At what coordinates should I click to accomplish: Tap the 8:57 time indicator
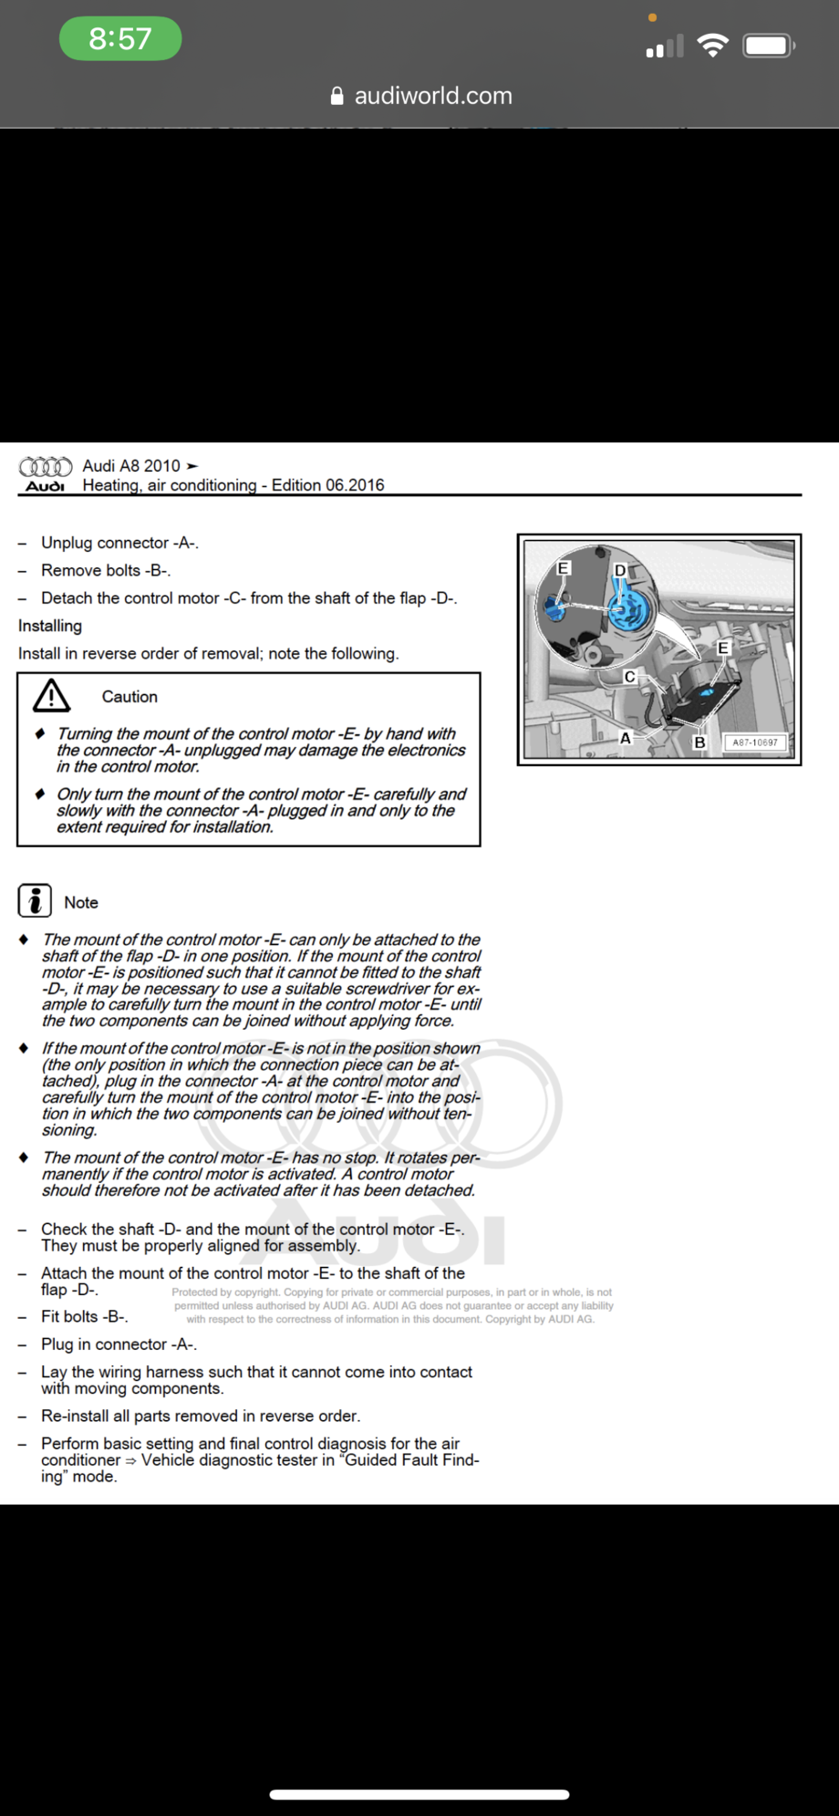tap(120, 39)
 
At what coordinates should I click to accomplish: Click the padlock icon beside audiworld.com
tap(337, 96)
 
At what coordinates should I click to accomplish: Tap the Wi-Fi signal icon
tap(712, 45)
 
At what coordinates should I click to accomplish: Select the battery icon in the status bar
tap(768, 46)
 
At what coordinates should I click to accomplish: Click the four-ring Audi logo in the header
tap(46, 467)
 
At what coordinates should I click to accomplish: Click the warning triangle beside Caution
tap(52, 696)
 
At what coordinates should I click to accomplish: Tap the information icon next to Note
tap(35, 901)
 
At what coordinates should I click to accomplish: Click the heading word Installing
tap(50, 626)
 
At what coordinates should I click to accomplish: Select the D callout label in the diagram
tap(620, 571)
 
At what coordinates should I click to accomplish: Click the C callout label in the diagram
tap(629, 677)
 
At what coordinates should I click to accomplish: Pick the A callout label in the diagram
tap(626, 738)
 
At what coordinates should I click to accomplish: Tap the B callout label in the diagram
tap(699, 742)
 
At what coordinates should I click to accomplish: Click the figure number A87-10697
tap(755, 742)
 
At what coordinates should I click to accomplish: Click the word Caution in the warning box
tap(129, 697)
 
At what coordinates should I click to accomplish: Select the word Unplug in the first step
tap(67, 543)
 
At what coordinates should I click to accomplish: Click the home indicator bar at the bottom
tap(419, 1794)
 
